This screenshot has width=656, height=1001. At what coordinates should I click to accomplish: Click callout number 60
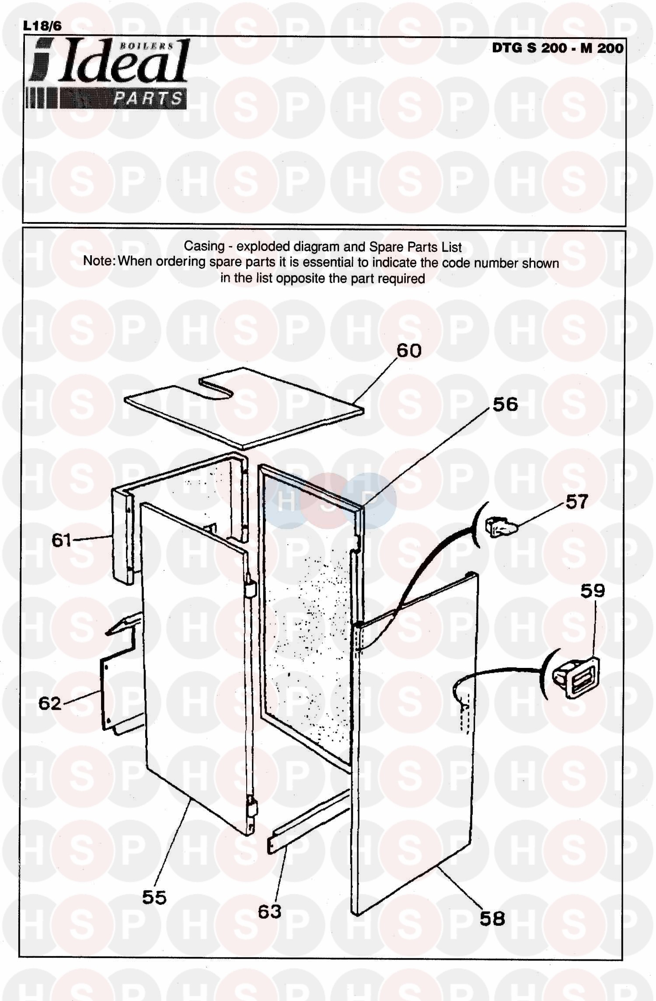409,351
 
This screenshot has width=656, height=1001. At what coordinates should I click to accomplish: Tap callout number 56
505,404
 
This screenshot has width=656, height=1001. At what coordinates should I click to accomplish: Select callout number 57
577,501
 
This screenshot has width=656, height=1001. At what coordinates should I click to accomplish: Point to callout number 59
593,591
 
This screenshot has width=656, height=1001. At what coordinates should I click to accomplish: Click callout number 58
492,919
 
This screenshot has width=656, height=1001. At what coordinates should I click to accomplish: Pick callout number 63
269,911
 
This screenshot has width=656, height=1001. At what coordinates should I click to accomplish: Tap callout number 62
50,703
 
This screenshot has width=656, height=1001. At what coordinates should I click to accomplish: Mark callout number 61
62,540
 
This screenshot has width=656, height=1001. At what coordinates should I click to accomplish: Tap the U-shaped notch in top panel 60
217,389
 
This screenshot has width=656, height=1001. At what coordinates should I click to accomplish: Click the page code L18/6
42,26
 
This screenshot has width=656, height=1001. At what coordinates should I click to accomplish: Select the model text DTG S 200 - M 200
558,48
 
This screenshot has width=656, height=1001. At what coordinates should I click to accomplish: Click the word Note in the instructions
99,261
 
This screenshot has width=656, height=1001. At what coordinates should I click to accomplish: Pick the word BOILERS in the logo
147,45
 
